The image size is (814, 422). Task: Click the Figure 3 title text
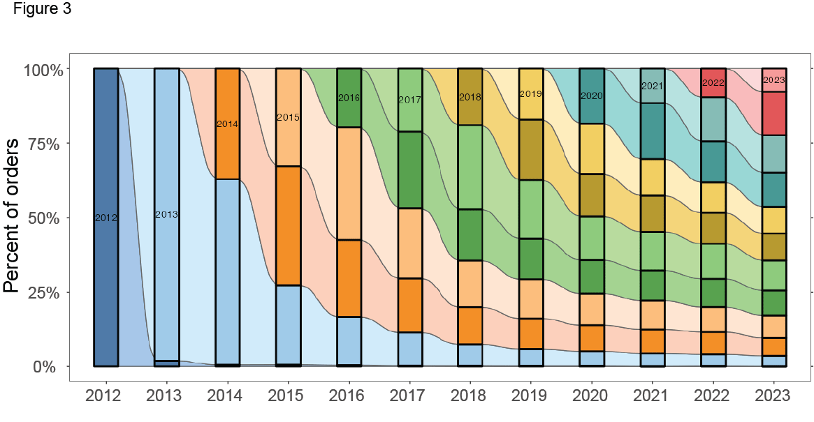tap(42, 10)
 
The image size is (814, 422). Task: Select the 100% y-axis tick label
tap(44, 70)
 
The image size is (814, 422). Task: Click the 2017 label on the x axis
tap(409, 395)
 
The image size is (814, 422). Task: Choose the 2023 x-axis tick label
tap(773, 395)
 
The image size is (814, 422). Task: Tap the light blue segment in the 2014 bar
tap(227, 272)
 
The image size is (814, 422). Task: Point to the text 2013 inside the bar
tap(166, 214)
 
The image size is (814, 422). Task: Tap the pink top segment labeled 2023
tap(773, 80)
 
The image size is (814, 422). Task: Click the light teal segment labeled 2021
tap(653, 86)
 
